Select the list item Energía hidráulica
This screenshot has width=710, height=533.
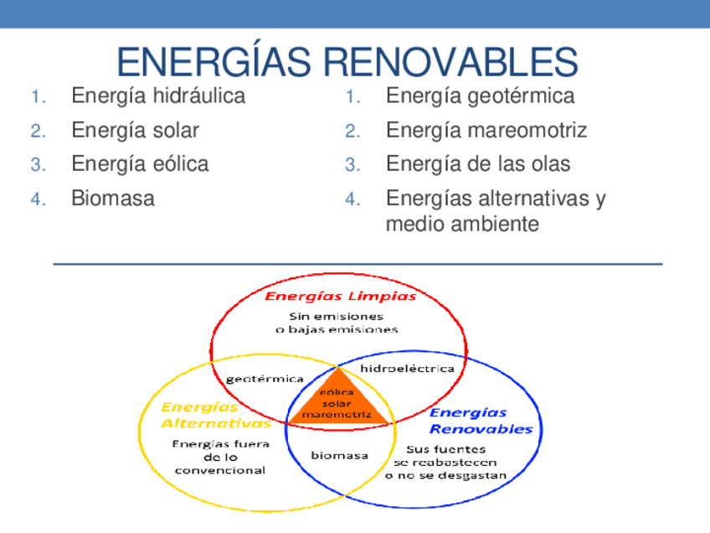(158, 96)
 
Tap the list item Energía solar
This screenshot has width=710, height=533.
(135, 130)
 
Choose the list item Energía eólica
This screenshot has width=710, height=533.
(140, 163)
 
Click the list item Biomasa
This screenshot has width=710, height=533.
(113, 199)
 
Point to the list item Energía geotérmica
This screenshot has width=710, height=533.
(480, 96)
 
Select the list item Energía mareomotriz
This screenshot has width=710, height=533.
(486, 130)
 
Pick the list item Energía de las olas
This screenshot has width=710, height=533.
(477, 163)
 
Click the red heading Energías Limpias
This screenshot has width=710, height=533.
(340, 296)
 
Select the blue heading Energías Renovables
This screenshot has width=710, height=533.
(481, 421)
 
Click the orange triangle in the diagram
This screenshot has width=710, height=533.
(337, 402)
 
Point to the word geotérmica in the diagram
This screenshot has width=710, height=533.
(265, 379)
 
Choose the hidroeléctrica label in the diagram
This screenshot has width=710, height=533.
(407, 368)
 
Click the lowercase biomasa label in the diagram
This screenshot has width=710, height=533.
(339, 455)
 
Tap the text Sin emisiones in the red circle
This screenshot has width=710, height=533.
(337, 316)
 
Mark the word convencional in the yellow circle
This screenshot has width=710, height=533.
(219, 470)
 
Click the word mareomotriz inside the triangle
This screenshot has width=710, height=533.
(337, 415)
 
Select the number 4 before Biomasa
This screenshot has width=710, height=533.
(36, 199)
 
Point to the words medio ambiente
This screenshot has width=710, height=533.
(461, 225)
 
